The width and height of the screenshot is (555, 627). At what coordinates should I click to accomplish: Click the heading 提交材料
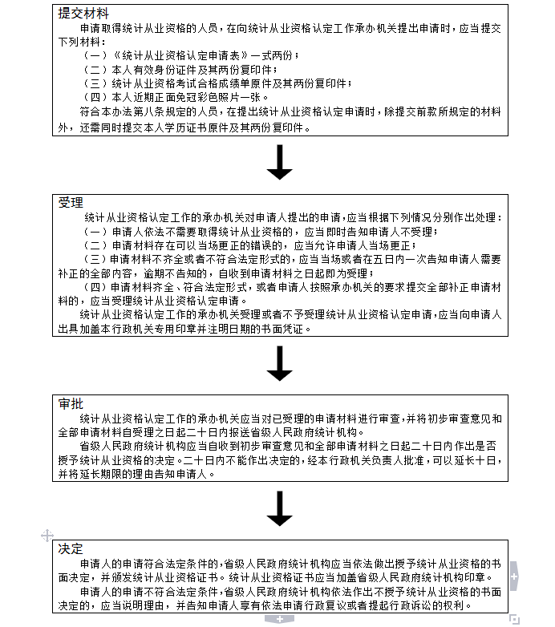pyautogui.click(x=83, y=13)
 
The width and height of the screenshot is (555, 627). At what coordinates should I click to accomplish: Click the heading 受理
pyautogui.click(x=71, y=203)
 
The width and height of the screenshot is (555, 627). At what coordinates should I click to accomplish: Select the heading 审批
pyautogui.click(x=71, y=403)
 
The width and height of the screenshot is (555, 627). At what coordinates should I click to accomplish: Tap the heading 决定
pyautogui.click(x=71, y=548)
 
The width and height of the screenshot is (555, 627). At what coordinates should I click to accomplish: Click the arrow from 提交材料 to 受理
pyautogui.click(x=279, y=162)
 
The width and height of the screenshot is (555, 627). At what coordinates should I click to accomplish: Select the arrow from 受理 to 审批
pyautogui.click(x=279, y=363)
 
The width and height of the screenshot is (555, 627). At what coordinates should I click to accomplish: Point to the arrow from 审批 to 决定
pyautogui.click(x=279, y=508)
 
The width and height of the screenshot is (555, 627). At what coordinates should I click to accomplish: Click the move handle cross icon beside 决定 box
pyautogui.click(x=47, y=536)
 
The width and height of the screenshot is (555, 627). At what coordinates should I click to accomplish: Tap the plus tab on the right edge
pyautogui.click(x=514, y=576)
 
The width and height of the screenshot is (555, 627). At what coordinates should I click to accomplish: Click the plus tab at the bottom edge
pyautogui.click(x=279, y=620)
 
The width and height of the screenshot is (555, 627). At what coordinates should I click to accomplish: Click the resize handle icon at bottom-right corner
pyautogui.click(x=515, y=620)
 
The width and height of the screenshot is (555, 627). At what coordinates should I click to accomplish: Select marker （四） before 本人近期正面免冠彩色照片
pyautogui.click(x=95, y=97)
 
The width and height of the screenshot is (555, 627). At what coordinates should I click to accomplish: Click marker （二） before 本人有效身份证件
pyautogui.click(x=95, y=70)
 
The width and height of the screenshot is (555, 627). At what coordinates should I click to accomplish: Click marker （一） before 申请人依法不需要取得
pyautogui.click(x=95, y=232)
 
